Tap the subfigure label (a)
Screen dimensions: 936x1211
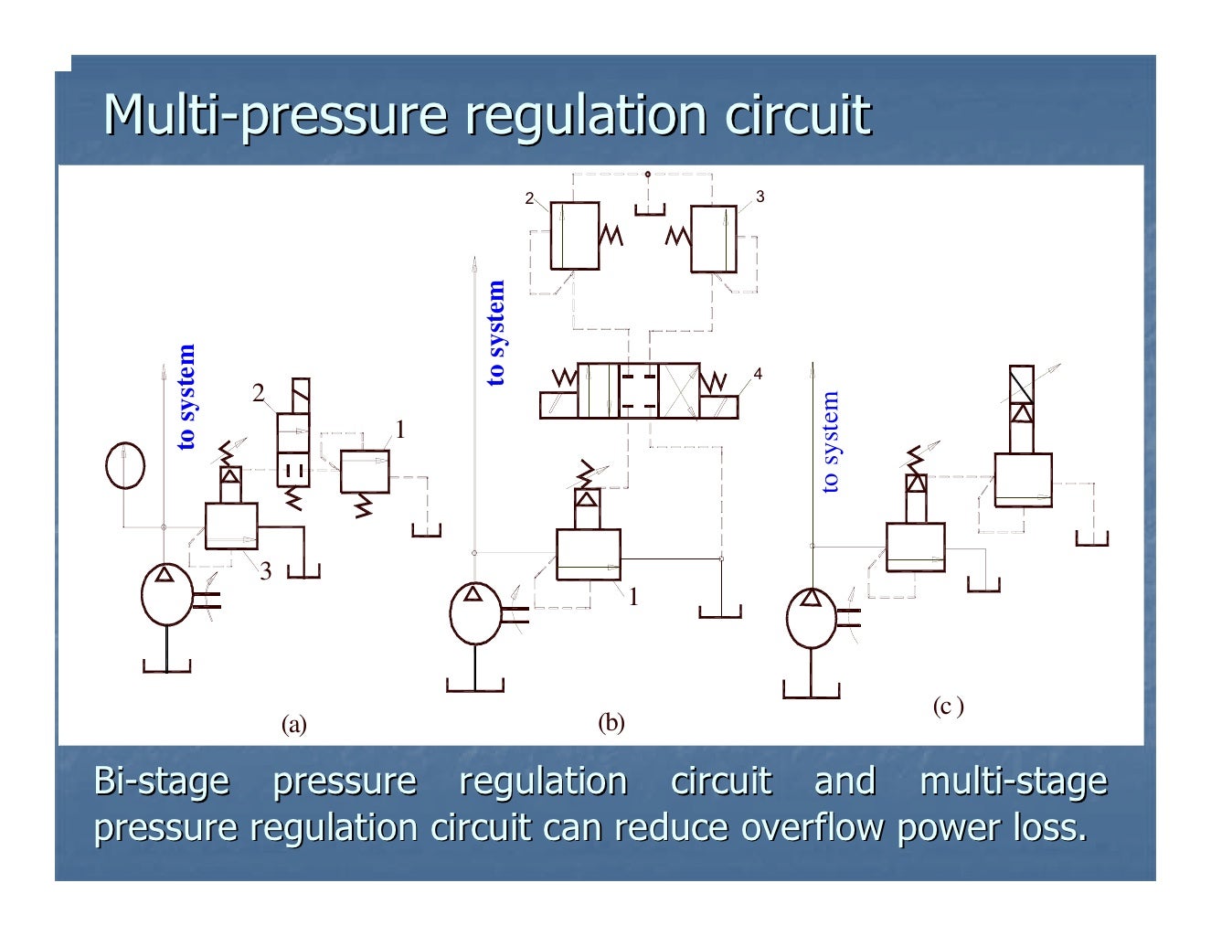pos(293,725)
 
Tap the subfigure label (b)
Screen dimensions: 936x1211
pos(611,723)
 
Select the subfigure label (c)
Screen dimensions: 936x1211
pos(948,706)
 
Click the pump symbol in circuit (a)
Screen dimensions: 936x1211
pos(166,594)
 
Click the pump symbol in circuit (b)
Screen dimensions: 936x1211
pos(475,613)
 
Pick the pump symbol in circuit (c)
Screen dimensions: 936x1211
pos(811,618)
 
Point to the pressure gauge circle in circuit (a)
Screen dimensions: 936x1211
pos(125,465)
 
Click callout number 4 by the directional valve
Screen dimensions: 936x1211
pos(757,374)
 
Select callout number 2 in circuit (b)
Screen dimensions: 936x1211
pos(528,198)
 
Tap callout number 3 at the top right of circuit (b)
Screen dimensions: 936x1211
pos(760,197)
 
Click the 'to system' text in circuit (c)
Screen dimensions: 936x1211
pos(829,442)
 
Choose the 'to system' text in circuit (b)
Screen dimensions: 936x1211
pos(495,333)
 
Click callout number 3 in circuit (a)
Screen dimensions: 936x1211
pos(265,572)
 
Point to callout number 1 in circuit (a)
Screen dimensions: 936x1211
pos(398,430)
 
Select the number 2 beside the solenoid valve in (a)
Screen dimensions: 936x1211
pos(258,394)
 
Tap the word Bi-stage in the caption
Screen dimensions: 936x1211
pos(162,782)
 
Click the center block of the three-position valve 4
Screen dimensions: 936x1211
pos(638,390)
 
